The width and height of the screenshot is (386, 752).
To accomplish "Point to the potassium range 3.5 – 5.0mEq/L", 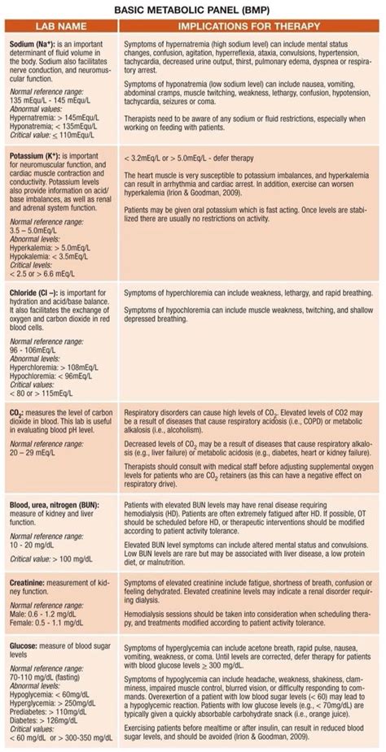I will [x=38, y=231].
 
